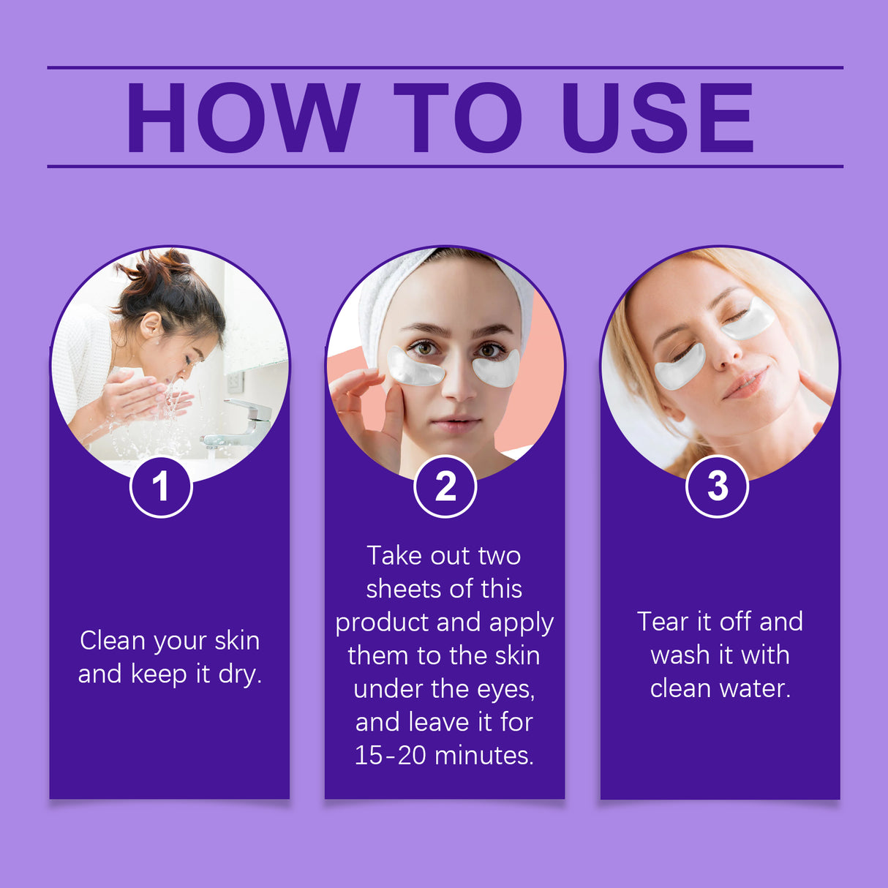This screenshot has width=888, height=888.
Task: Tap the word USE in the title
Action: tap(657, 118)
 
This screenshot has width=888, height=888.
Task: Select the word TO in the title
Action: tap(458, 118)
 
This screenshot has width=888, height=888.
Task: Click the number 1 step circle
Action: tap(161, 486)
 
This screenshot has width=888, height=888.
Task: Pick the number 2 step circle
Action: tap(445, 486)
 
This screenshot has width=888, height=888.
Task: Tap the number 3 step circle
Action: tap(717, 486)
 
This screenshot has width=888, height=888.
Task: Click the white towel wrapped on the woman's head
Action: tap(388, 293)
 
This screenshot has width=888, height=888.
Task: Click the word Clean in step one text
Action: tap(113, 641)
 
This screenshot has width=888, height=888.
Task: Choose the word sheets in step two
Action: tap(402, 589)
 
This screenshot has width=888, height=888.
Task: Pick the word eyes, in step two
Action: tap(505, 689)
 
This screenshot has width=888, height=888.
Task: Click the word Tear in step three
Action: tap(662, 622)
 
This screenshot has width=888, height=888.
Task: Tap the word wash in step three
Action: tap(680, 655)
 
